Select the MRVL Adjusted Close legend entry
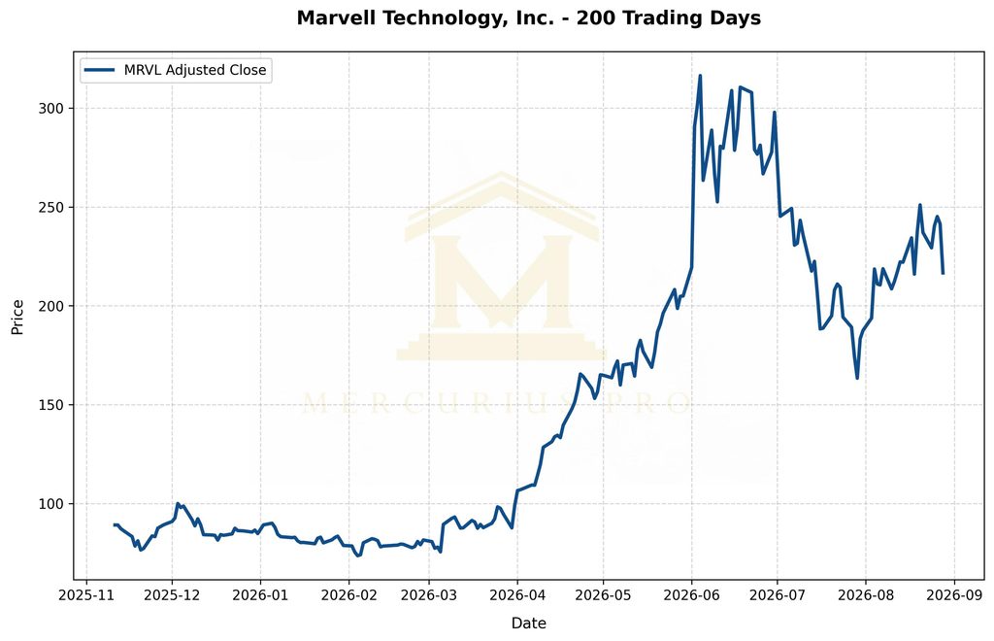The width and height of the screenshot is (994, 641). pyautogui.click(x=176, y=70)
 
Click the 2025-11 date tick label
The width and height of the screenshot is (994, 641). pyautogui.click(x=86, y=595)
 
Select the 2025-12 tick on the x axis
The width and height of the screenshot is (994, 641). pyautogui.click(x=172, y=595)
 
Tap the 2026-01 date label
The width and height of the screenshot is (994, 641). pyautogui.click(x=260, y=595)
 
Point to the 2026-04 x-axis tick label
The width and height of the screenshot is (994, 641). pyautogui.click(x=517, y=595)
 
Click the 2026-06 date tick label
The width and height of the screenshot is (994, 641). pyautogui.click(x=691, y=595)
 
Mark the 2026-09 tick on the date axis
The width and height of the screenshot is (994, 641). pyautogui.click(x=954, y=595)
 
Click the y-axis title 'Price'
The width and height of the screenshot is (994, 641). pyautogui.click(x=17, y=317)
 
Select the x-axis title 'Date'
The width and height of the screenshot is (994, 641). pyautogui.click(x=529, y=624)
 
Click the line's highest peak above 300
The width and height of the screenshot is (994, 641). pyautogui.click(x=700, y=76)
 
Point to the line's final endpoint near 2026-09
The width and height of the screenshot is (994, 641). pyautogui.click(x=943, y=273)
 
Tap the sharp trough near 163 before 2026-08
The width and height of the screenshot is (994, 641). pyautogui.click(x=857, y=379)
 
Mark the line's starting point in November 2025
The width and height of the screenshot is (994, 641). pyautogui.click(x=115, y=525)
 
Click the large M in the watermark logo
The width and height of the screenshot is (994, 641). pyautogui.click(x=502, y=282)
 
